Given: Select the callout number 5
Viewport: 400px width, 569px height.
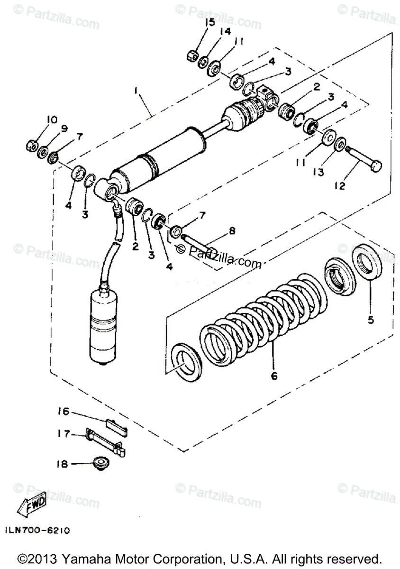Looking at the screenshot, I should click(371, 320).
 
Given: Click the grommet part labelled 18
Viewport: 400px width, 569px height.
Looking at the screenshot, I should click(100, 462).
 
